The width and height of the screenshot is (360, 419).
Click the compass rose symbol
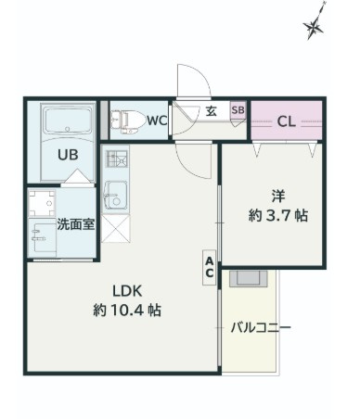click(315, 26)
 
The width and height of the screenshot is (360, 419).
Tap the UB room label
click(68, 155)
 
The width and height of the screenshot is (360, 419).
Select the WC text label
click(157, 121)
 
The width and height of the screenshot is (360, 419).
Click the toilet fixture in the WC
click(128, 121)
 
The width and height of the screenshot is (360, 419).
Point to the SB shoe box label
click(238, 109)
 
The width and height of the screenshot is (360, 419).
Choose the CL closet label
click(287, 121)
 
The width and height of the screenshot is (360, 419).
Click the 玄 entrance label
click(212, 111)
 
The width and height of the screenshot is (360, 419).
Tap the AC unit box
click(210, 267)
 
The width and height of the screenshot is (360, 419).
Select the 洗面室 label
click(76, 224)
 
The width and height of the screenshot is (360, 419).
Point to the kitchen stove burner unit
click(117, 159)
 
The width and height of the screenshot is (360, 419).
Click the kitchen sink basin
click(115, 195)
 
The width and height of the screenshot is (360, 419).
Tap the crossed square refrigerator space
click(115, 229)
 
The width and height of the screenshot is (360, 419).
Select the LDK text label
click(127, 291)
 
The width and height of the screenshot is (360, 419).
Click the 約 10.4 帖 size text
click(127, 310)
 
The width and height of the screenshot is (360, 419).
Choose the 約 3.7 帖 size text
click(278, 215)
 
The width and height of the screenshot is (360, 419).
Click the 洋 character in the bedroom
click(278, 197)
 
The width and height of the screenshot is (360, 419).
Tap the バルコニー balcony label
click(261, 327)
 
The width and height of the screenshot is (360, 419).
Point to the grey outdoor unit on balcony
click(248, 279)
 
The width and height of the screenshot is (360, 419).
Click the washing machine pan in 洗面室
click(42, 204)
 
